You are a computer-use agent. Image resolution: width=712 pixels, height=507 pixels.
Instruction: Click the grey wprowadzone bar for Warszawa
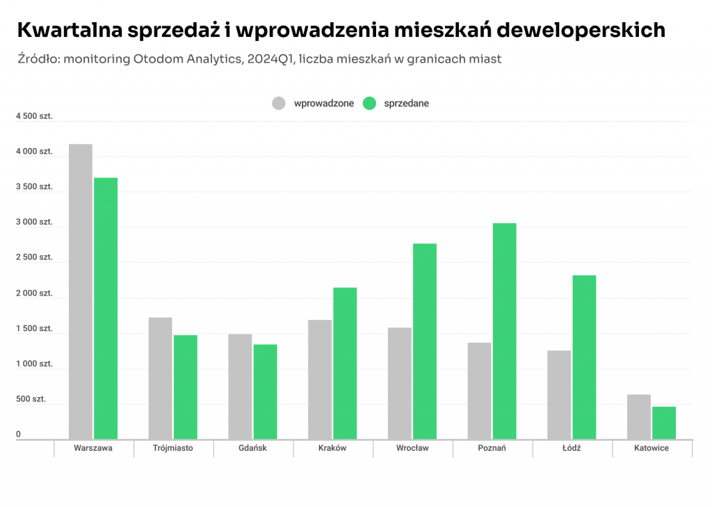81,291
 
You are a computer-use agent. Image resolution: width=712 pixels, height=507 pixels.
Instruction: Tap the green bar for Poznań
505,331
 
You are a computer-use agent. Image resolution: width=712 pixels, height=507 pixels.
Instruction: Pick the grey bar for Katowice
639,417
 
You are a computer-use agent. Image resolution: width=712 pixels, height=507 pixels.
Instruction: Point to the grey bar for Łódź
559,394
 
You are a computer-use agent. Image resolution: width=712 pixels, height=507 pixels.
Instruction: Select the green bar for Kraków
345,363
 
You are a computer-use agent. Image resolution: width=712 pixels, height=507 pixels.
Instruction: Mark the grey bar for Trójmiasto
160,378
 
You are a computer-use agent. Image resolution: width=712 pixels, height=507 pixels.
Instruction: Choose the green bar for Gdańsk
265,392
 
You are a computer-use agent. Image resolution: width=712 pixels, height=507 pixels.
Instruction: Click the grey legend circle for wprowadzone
280,104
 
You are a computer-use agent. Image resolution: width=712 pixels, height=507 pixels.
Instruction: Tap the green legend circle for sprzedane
369,104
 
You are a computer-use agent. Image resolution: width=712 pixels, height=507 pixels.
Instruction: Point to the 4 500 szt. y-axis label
34,116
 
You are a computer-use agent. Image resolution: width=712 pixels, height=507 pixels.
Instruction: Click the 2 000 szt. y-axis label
34,293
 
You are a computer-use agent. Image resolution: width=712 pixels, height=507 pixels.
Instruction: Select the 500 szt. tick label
31,399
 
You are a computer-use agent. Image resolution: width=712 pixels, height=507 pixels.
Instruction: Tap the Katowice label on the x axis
652,448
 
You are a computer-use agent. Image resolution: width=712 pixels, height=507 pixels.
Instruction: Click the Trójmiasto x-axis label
173,448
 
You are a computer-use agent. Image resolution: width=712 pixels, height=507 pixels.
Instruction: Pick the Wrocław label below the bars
412,448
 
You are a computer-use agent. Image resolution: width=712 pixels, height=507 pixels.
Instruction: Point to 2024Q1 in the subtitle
269,59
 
